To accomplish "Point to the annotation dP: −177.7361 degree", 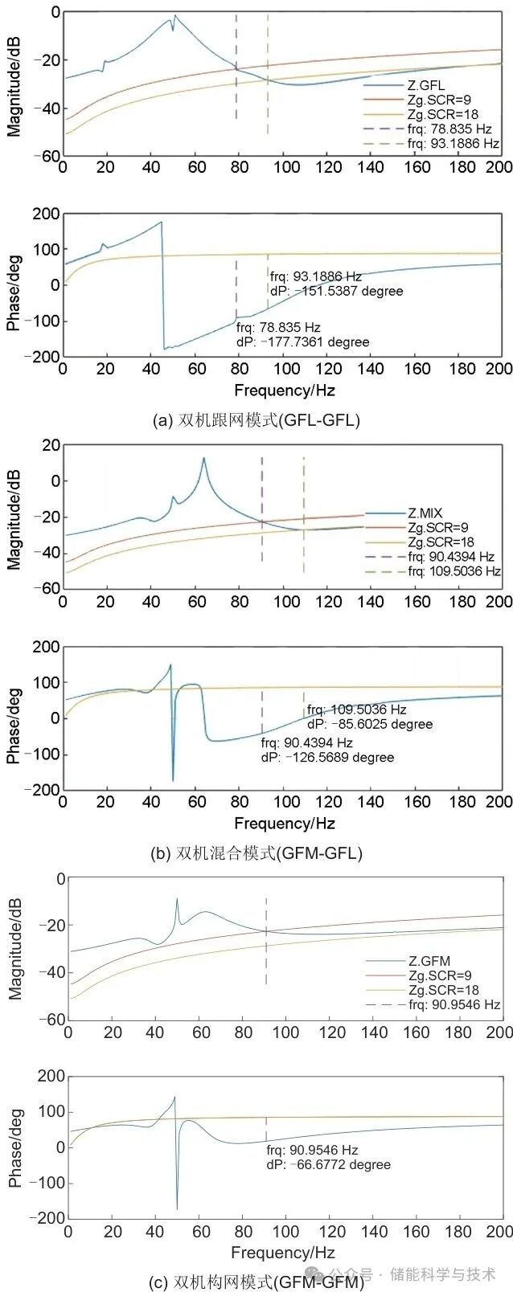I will click(x=302, y=342).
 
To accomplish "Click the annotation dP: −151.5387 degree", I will click(x=336, y=291).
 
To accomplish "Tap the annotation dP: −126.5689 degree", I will click(x=327, y=757).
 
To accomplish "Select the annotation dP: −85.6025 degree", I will click(x=369, y=724).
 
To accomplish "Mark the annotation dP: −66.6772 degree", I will click(x=328, y=1164).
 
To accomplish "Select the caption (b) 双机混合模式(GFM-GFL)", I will click(x=256, y=852).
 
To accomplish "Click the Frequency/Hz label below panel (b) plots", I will click(x=284, y=824).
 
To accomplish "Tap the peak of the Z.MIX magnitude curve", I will click(x=203, y=458).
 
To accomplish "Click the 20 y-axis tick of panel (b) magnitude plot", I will click(x=50, y=445).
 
